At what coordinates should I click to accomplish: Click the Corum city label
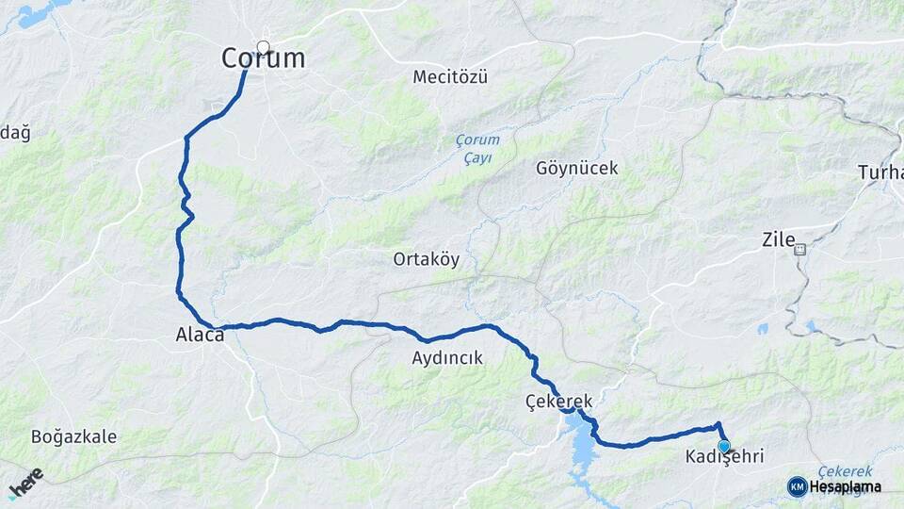(263, 58)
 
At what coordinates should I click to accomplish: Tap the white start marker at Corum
(263, 46)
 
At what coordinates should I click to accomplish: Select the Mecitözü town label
(450, 77)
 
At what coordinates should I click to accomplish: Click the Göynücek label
(576, 169)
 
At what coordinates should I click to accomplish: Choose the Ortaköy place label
(427, 259)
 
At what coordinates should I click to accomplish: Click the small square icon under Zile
(800, 250)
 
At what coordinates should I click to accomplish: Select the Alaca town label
(200, 334)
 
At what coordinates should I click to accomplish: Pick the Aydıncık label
(446, 358)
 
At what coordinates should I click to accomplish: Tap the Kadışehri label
(724, 457)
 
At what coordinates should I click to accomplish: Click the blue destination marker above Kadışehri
(723, 446)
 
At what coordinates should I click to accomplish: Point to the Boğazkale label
(73, 436)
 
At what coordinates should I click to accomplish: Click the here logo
(25, 484)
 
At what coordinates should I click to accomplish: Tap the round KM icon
(797, 486)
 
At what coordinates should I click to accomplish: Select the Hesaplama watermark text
(845, 487)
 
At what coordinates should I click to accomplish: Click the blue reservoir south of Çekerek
(582, 449)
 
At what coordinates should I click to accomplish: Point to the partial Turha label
(880, 172)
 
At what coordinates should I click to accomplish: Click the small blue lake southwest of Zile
(761, 329)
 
